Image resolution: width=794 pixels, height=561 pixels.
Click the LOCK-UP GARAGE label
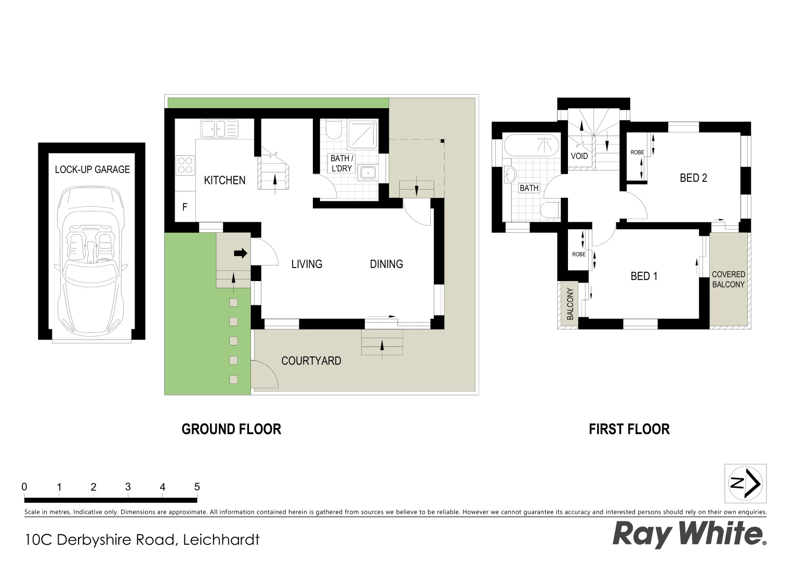[x=92, y=169]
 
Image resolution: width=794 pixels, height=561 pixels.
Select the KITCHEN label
[x=224, y=180]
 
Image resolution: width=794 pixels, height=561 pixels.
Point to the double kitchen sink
[x=219, y=128]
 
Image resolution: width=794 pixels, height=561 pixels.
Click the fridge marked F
[x=185, y=207]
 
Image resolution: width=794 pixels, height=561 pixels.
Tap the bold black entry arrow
[x=240, y=253]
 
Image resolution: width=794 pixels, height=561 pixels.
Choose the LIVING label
[x=307, y=264]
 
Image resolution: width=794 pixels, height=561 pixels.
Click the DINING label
[x=386, y=264]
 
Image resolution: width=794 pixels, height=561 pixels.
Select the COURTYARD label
[x=311, y=360]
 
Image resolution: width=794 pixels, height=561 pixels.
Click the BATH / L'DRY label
[x=342, y=163]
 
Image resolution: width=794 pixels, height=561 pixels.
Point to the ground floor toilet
[x=333, y=130]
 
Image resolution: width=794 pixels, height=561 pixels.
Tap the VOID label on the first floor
[x=579, y=156]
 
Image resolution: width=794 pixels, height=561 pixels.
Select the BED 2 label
[x=693, y=178]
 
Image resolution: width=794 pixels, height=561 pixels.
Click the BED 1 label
[x=644, y=276]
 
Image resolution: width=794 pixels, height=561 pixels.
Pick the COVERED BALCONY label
[x=728, y=279]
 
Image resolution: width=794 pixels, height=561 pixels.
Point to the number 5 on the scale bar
[x=197, y=487]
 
